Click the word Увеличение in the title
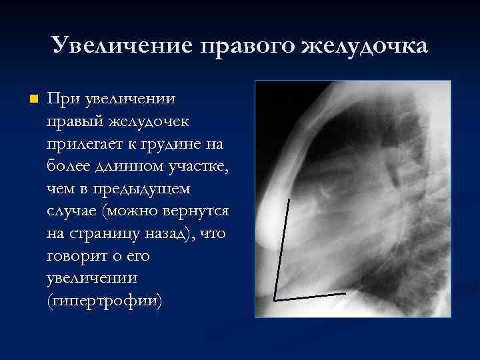pos(120,46)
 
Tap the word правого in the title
pos(247,46)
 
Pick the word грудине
pos(173,144)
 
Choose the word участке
pos(197,167)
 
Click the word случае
pos(73,211)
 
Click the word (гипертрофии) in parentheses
pos(104,302)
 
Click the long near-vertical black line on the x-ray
pos(282,247)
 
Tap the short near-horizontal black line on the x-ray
pos(310,295)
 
